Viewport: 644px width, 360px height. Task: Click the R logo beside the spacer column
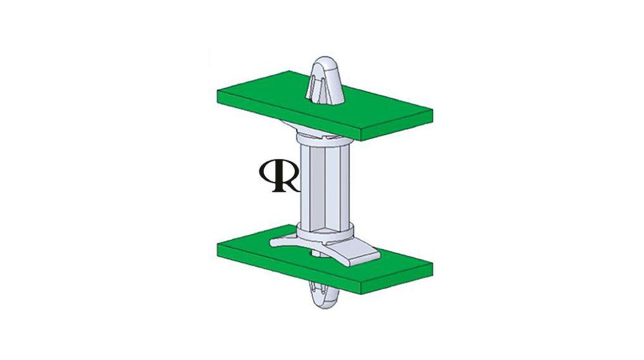(278, 176)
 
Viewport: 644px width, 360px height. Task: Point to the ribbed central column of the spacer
(323, 183)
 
